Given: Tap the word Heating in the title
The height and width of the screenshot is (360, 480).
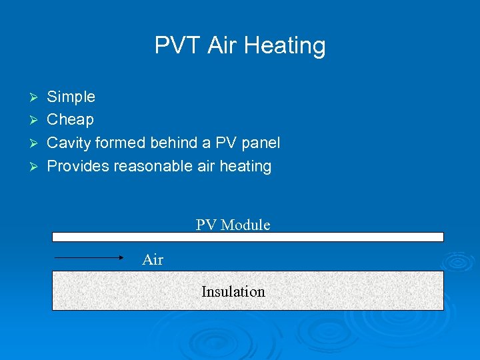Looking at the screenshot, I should (285, 46).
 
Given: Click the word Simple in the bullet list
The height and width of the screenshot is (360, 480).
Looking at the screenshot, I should (71, 97).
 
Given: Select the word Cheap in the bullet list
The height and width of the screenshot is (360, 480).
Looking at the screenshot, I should (70, 120).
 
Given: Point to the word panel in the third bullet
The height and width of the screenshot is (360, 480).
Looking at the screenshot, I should (259, 143).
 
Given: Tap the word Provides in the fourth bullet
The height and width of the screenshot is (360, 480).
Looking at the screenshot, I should (78, 166).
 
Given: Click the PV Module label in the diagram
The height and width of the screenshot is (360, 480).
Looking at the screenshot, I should (233, 225).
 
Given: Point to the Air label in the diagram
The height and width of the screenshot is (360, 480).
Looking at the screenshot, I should (153, 260).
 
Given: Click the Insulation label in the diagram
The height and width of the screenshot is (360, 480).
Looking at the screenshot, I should (233, 291).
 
